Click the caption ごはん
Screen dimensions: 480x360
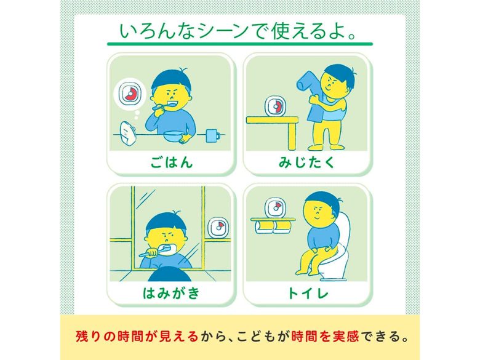click(172, 162)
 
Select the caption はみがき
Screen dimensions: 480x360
click(172, 293)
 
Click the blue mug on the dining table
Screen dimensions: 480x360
click(212, 135)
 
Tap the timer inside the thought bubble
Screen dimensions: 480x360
click(129, 93)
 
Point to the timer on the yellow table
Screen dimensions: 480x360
click(274, 106)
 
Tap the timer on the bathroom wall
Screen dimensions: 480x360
click(218, 228)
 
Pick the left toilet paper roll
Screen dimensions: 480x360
click(264, 227)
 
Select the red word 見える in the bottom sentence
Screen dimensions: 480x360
click(178, 337)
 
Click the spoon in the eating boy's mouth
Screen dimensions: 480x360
click(162, 106)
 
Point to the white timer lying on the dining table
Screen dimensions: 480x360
click(128, 132)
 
